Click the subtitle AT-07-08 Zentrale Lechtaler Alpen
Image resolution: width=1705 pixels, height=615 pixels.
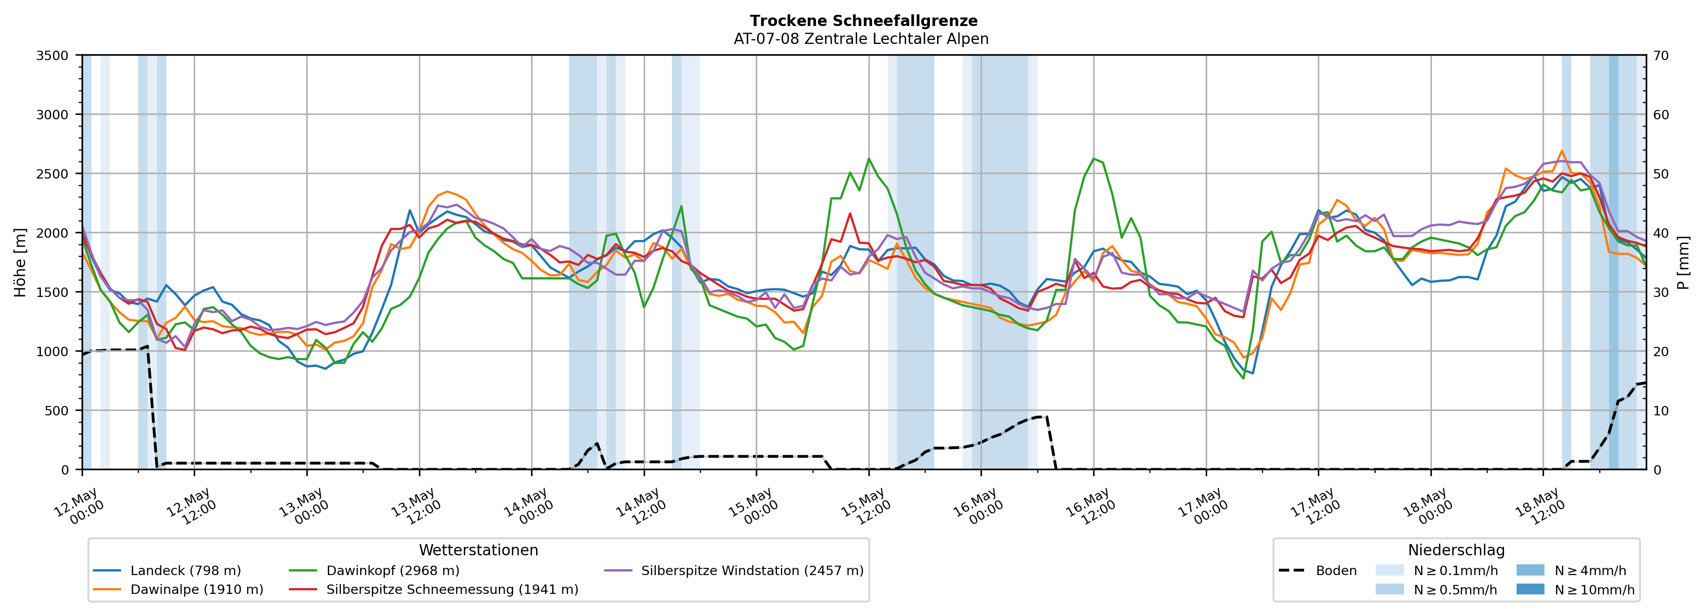(861, 39)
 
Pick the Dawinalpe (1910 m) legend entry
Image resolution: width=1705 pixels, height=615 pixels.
(178, 589)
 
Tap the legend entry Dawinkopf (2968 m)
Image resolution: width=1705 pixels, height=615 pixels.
(374, 571)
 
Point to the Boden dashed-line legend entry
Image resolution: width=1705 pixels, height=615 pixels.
(1318, 571)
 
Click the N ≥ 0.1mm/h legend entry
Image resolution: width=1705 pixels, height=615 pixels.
(1436, 571)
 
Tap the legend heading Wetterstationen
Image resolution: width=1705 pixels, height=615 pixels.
(479, 550)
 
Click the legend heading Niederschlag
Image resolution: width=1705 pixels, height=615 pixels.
(1456, 550)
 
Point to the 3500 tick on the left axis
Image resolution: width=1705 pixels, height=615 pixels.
(52, 56)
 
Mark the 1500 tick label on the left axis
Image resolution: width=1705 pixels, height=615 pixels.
(52, 292)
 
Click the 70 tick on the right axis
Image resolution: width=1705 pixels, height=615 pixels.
(1661, 56)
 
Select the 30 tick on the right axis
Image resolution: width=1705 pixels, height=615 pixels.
(1661, 292)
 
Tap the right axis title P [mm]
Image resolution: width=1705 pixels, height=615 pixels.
(1683, 263)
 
